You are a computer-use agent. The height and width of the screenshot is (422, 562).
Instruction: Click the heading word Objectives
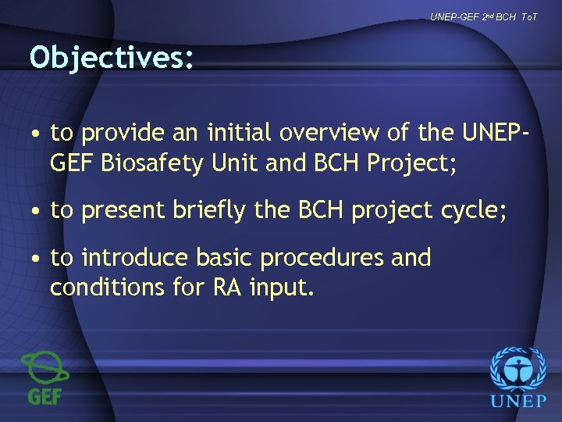tap(111, 57)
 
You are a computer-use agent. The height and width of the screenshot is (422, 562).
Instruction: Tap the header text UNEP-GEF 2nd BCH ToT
tap(484, 16)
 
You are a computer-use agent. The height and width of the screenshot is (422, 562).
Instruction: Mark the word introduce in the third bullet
tap(135, 258)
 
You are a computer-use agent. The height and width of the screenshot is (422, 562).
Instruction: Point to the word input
tap(281, 288)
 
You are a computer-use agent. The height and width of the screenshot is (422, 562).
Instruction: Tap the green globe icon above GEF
tap(45, 368)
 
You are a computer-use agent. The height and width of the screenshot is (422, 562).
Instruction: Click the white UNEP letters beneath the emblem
tap(518, 403)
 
